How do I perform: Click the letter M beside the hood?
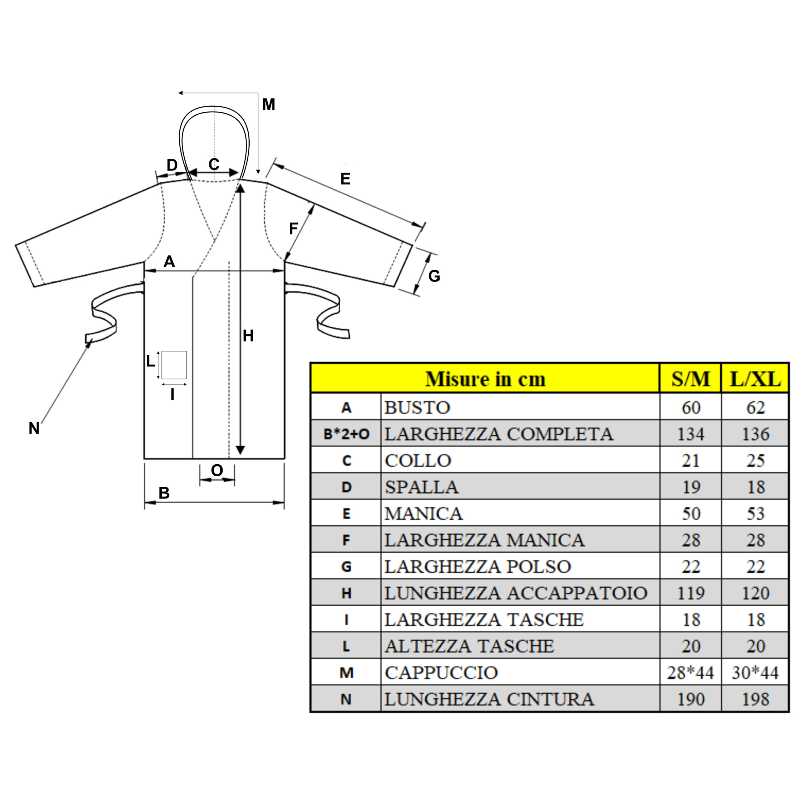[x=269, y=104]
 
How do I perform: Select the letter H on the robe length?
[x=248, y=336]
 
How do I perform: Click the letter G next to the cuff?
[x=434, y=276]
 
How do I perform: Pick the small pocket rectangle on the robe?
[x=174, y=365]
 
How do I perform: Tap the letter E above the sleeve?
[x=345, y=179]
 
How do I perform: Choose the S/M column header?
[x=691, y=379]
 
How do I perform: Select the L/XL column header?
[x=755, y=379]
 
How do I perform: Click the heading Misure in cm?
[x=485, y=379]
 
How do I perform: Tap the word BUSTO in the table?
[x=417, y=407]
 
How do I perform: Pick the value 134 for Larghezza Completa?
[x=691, y=434]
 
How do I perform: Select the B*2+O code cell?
[x=346, y=434]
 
